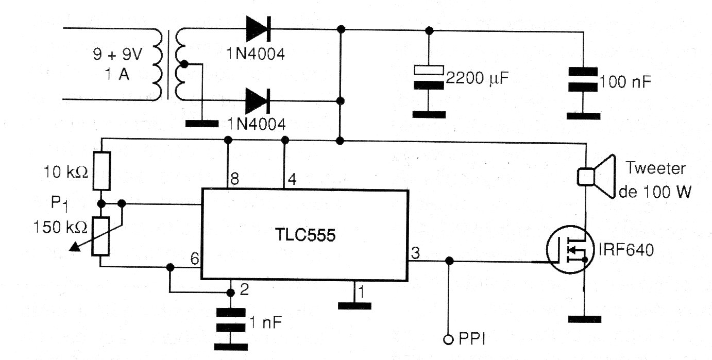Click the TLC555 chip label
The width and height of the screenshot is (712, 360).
(304, 236)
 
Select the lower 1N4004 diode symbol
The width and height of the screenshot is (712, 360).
(258, 100)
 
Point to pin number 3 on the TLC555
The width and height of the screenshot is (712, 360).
(415, 252)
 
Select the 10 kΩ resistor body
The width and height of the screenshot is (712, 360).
(100, 170)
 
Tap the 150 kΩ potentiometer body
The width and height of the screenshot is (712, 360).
(100, 236)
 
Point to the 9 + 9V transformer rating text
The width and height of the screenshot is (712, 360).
(118, 54)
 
